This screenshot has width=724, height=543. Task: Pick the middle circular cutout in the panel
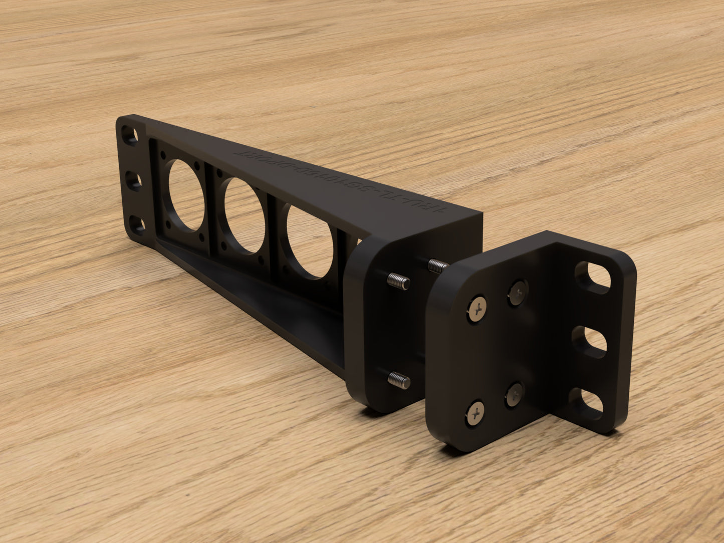tap(245, 215)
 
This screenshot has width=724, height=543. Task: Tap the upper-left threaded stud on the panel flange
tap(399, 282)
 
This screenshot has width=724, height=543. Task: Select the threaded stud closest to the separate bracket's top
tap(438, 265)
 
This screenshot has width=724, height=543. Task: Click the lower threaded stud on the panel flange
tap(399, 380)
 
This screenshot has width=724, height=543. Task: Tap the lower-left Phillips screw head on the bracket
tap(476, 412)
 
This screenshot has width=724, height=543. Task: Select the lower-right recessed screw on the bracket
tap(514, 395)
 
